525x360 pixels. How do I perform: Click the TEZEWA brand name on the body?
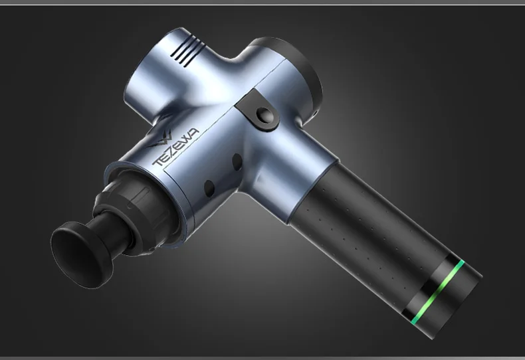click(x=175, y=147)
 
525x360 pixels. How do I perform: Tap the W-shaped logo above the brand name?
click(x=161, y=140)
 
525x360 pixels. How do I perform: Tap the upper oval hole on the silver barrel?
click(x=237, y=162)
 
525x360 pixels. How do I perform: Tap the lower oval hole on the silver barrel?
click(x=209, y=188)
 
